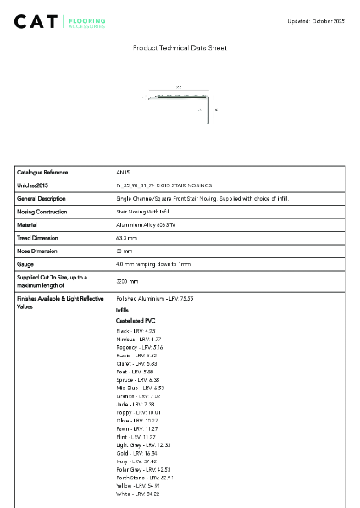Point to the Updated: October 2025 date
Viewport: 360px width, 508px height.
tap(317, 19)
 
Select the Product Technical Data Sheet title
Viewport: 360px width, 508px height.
tap(180, 48)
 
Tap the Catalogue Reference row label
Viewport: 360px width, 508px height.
tap(42, 172)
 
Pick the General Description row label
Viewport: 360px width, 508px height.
tap(42, 198)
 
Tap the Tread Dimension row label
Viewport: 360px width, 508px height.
tap(39, 238)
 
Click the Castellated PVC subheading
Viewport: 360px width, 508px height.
tap(134, 322)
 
